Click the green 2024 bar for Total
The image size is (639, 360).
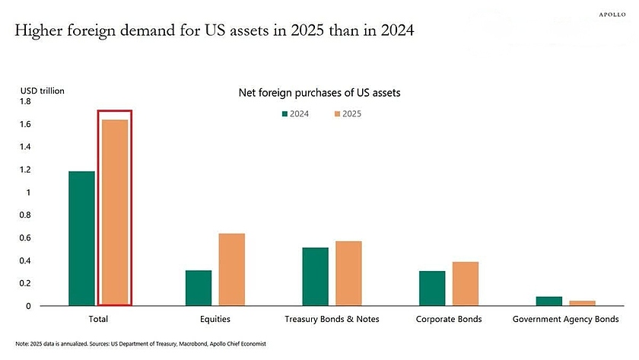coord(81,238)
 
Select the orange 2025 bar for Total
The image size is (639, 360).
coord(115,212)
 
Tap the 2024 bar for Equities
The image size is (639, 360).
coord(199,288)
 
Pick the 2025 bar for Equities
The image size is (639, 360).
coord(231,269)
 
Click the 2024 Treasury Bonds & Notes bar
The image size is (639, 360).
coord(315,276)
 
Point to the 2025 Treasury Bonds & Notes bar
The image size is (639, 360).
coord(348,273)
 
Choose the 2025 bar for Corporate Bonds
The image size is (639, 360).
coord(466,284)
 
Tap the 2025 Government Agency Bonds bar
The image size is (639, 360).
coord(583,303)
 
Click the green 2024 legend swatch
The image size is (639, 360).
coord(285,113)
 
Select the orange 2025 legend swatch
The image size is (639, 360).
coord(337,113)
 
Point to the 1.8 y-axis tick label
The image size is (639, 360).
coord(25,101)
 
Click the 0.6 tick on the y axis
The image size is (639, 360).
coord(25,237)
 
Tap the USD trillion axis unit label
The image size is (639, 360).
coord(42,91)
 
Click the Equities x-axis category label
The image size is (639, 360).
coord(215,319)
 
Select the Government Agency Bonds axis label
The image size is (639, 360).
coord(565,319)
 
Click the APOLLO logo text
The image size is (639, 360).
coord(612,14)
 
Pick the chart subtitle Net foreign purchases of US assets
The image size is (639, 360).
coord(319,93)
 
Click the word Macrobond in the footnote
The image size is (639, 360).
coord(185,344)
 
